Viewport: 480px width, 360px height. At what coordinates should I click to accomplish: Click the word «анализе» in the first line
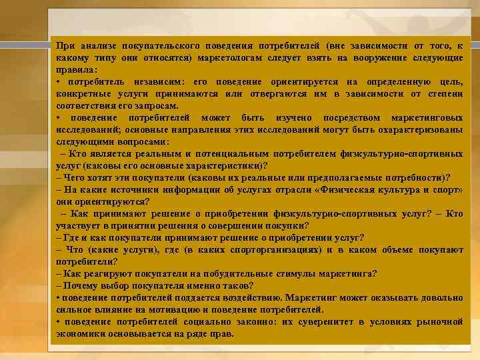click(99, 45)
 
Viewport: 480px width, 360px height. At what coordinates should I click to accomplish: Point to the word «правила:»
click(77, 69)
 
